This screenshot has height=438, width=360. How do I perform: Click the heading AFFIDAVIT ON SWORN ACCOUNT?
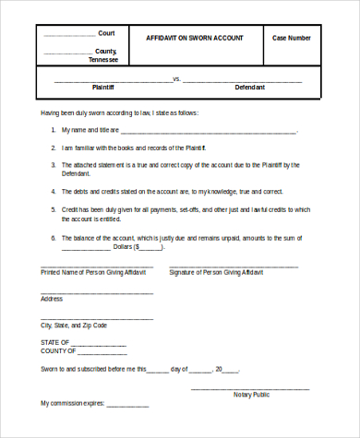[195, 38]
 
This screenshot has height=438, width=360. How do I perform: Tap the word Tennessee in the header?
[102, 59]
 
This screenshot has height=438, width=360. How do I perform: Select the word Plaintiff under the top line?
[102, 87]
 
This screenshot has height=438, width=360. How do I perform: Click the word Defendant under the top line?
[249, 87]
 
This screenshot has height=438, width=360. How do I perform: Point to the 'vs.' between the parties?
[176, 78]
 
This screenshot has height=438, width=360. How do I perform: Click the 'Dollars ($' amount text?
[125, 247]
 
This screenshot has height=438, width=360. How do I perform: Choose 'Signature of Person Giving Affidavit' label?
[216, 274]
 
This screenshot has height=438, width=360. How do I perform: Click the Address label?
[52, 299]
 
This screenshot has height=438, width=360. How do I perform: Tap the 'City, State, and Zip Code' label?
[74, 326]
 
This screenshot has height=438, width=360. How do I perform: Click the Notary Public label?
[251, 394]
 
